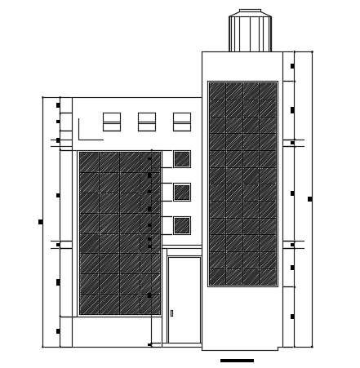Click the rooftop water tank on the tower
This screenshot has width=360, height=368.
point(250,33)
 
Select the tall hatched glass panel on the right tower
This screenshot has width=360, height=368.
point(242,184)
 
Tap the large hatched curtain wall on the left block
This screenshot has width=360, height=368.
point(119,233)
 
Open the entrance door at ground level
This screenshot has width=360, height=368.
point(184,300)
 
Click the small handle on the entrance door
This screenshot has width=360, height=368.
point(171,313)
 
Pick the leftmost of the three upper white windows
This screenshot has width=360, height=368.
point(112,122)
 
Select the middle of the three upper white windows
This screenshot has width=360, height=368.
point(147,122)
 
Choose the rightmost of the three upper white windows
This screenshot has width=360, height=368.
point(182,122)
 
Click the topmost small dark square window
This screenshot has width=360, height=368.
point(182,159)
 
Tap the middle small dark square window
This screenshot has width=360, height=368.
point(182,193)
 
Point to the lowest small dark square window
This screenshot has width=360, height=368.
point(182,225)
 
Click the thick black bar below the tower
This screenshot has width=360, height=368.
point(237,361)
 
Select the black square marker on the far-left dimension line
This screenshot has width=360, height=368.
point(41,222)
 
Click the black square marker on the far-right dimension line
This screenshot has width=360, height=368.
point(309,199)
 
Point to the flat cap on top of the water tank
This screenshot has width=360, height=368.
point(250,11)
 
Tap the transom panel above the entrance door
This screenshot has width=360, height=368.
point(184,251)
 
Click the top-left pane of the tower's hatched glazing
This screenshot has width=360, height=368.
point(217,91)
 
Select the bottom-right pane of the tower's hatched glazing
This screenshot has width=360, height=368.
point(268,277)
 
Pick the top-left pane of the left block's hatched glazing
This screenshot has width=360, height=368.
point(89,162)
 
